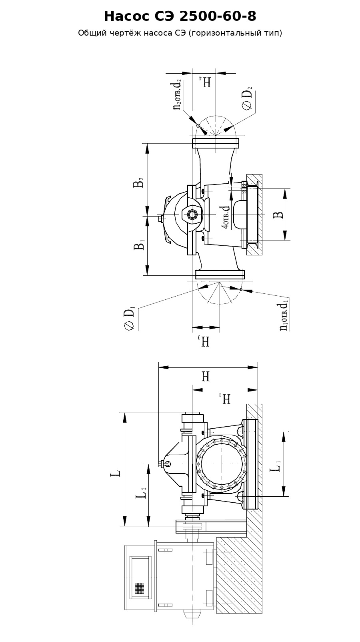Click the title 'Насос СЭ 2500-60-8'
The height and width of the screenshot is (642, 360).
[x=180, y=16]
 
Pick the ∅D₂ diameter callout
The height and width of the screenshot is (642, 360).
[x=248, y=99]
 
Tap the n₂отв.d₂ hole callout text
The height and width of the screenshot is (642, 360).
[x=177, y=94]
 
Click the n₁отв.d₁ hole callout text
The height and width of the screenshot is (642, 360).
[x=284, y=316]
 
